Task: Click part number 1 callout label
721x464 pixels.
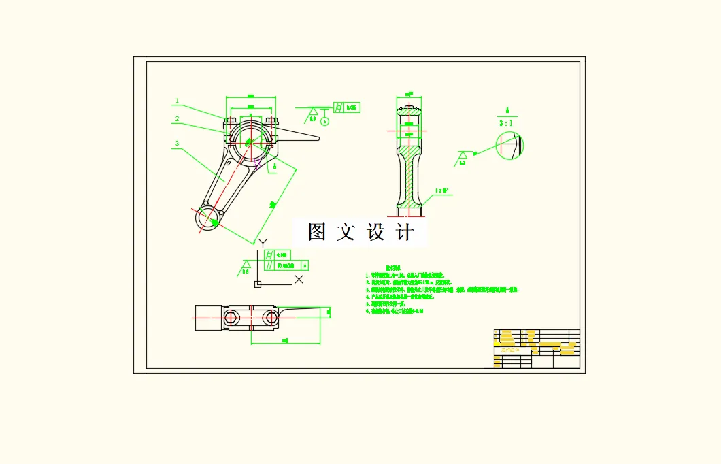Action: (177, 101)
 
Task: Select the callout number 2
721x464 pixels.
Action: (177, 119)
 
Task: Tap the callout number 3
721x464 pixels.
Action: (177, 144)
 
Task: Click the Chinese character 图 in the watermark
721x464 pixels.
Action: (317, 232)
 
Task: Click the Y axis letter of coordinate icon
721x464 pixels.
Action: (263, 242)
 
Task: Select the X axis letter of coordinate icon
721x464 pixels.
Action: (299, 279)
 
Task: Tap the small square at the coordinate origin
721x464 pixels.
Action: (257, 284)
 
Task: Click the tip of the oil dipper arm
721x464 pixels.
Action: (318, 139)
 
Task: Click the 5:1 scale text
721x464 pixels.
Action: (507, 123)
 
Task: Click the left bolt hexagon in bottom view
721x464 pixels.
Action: (231, 317)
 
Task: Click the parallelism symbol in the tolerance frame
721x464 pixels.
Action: (269, 265)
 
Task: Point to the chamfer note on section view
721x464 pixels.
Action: (443, 191)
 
